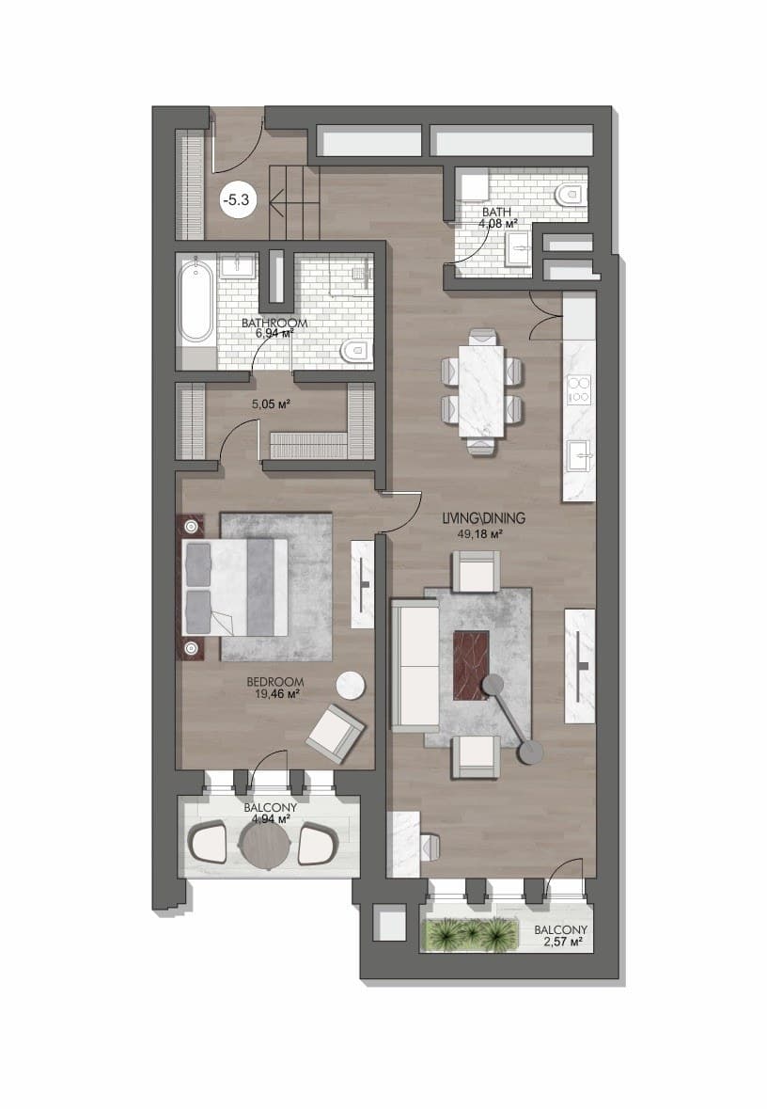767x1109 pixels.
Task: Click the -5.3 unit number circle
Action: [x=235, y=199]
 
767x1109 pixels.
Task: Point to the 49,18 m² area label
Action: [x=479, y=534]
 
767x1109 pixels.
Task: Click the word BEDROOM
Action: [x=275, y=683]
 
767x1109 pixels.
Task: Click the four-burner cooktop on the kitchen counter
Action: [x=579, y=389]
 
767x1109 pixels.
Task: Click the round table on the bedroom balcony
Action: [x=265, y=844]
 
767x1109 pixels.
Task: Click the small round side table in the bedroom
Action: [x=351, y=686]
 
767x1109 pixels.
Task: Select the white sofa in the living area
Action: [x=415, y=666]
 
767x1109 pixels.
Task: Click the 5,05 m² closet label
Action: [x=272, y=404]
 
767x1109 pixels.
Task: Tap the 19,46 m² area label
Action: [x=276, y=694]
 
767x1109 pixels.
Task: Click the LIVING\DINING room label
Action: [x=483, y=518]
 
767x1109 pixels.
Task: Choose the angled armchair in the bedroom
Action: [x=335, y=734]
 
